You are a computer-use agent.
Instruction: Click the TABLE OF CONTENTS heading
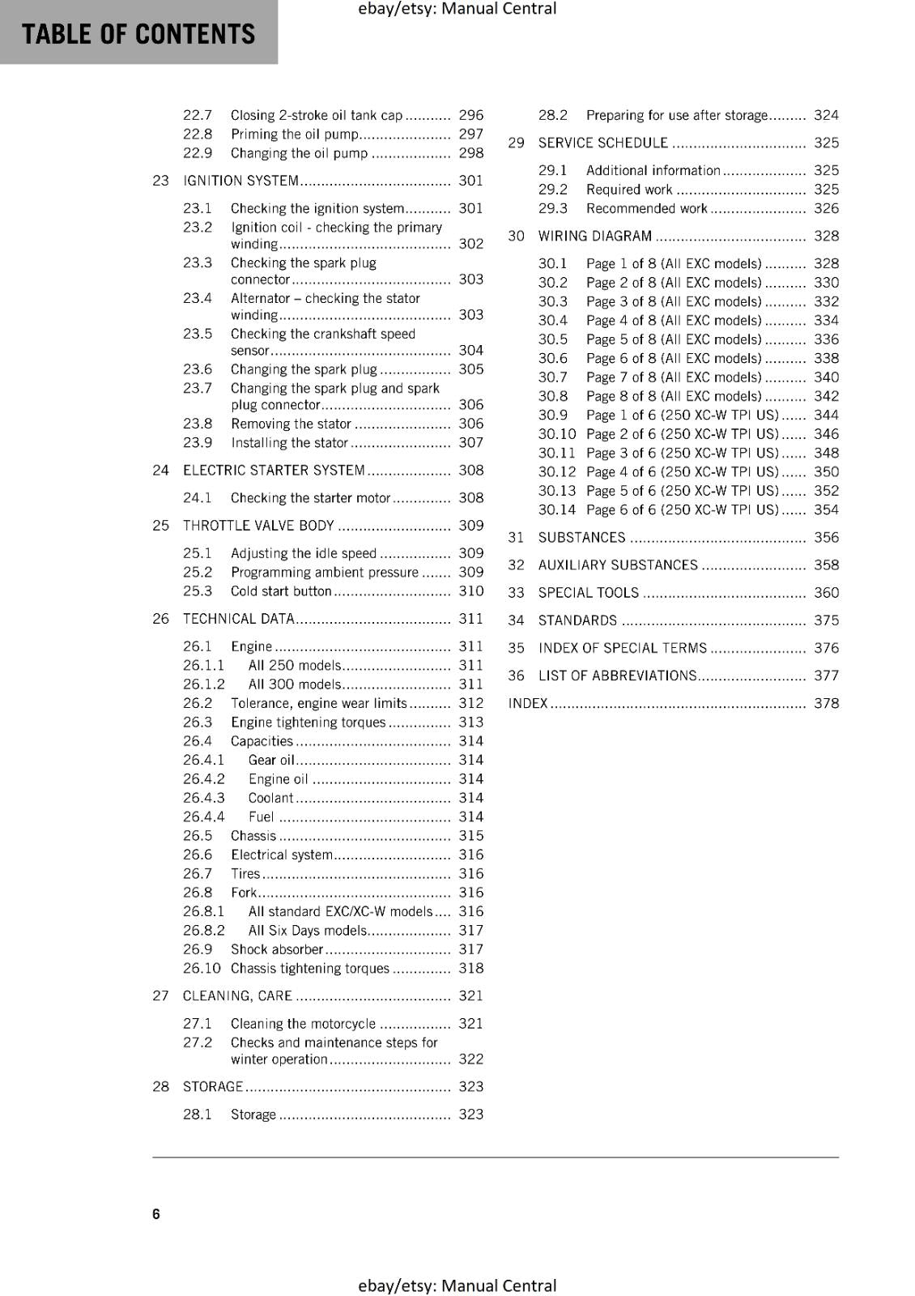point(138,34)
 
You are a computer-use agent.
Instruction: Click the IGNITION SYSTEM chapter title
point(240,181)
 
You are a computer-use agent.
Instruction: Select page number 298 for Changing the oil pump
point(470,153)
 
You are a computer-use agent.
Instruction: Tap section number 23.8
point(198,424)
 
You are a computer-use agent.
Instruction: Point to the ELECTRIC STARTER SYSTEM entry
point(274,471)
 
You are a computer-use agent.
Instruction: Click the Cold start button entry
point(281,591)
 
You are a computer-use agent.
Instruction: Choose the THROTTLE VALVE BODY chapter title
point(258,526)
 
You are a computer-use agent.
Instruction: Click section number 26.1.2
point(203,684)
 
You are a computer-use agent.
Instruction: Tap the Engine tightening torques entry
point(308,723)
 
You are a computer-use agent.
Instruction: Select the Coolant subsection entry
point(270,798)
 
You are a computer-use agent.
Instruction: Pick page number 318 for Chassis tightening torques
point(470,968)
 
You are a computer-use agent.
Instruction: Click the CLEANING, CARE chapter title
point(237,996)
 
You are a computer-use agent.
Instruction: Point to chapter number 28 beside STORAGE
point(160,1087)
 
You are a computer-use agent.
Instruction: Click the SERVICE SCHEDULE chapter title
point(602,143)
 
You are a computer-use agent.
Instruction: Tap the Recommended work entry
point(646,209)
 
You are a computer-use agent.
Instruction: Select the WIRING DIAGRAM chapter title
point(594,237)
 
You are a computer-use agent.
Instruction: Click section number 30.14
point(556,510)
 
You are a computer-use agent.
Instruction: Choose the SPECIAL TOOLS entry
point(588,593)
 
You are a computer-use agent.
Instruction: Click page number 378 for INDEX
point(826,704)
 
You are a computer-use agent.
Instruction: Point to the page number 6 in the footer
point(156,1214)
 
